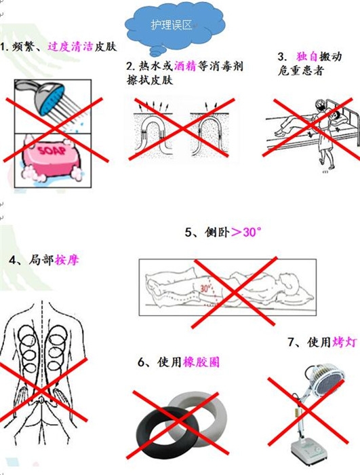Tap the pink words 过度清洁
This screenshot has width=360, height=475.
pyautogui.click(x=70, y=47)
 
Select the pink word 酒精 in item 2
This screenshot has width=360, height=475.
pyautogui.click(x=185, y=66)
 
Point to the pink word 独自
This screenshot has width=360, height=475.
pyautogui.click(x=306, y=56)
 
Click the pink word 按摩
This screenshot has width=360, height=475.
pyautogui.click(x=67, y=260)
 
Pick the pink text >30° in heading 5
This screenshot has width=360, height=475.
pyautogui.click(x=246, y=232)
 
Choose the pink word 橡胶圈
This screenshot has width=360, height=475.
pyautogui.click(x=201, y=362)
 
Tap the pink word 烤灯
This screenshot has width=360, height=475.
pyautogui.click(x=344, y=342)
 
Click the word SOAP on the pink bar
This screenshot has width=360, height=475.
pyautogui.click(x=52, y=151)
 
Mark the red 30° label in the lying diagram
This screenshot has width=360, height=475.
pyautogui.click(x=205, y=288)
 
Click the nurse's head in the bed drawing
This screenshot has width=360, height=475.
pyautogui.click(x=320, y=105)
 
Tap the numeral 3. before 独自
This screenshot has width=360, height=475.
pyautogui.click(x=282, y=57)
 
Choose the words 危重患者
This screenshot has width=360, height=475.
pyautogui.click(x=300, y=71)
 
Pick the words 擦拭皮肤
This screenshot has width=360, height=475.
pyautogui.click(x=150, y=79)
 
